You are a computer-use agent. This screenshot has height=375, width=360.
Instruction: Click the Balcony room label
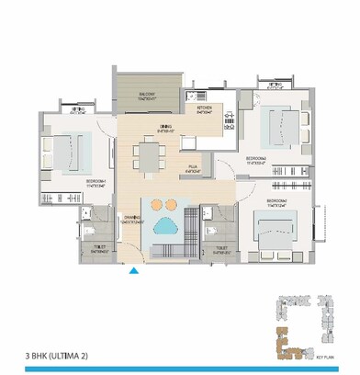click(147, 95)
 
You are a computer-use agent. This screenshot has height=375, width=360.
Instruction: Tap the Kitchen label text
click(204, 109)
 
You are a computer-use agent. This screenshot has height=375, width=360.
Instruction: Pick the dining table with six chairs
click(149, 155)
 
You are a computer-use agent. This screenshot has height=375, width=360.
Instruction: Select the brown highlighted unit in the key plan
click(290, 347)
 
